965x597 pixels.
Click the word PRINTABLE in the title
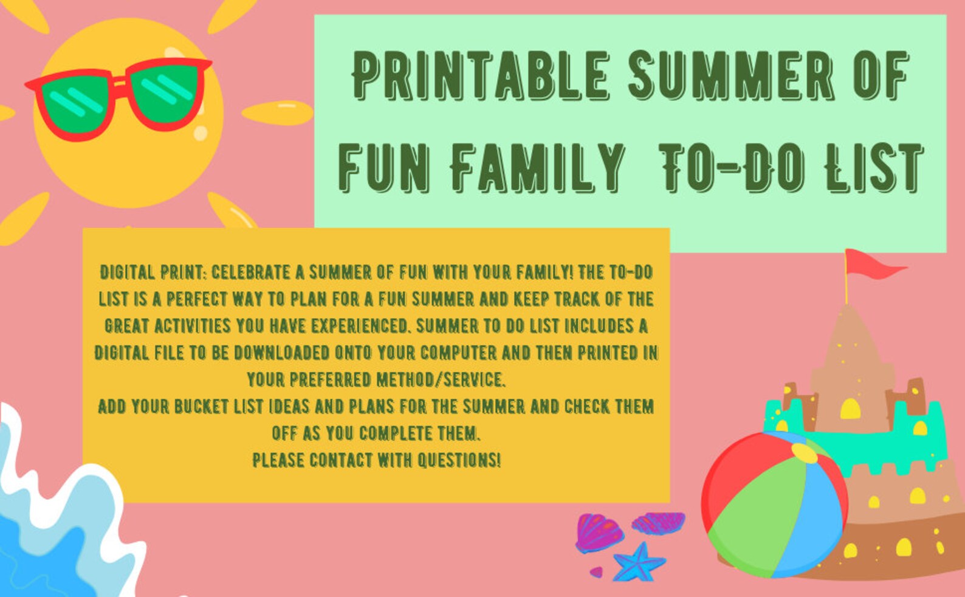click(x=480, y=76)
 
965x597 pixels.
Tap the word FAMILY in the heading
click(x=538, y=167)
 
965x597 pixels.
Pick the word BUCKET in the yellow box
click(x=202, y=406)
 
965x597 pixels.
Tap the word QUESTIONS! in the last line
click(x=459, y=460)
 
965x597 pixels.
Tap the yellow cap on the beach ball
click(x=803, y=453)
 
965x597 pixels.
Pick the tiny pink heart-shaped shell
click(x=596, y=572)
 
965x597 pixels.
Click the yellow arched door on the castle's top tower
click(x=850, y=409)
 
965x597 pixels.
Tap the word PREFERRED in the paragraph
click(x=330, y=380)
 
